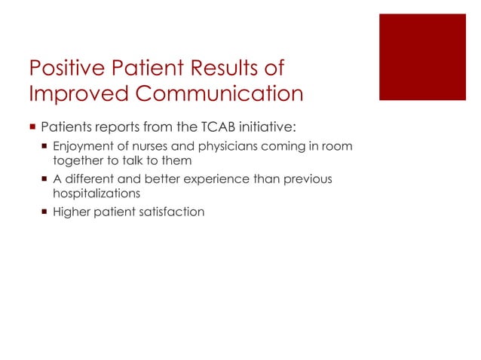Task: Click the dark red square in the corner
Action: [422, 56]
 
